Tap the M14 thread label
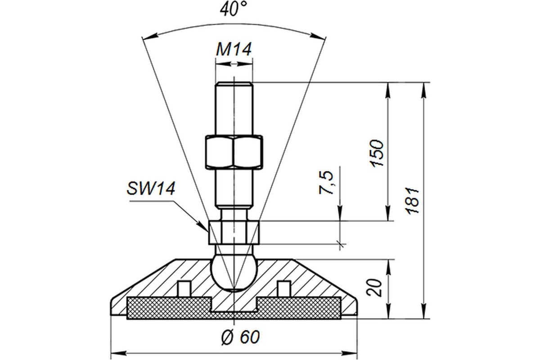(233, 50)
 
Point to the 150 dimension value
(377, 153)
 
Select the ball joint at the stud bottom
(234, 272)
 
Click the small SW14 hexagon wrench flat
(234, 232)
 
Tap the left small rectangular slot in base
(183, 288)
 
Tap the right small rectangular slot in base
(283, 288)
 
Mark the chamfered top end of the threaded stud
(234, 84)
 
